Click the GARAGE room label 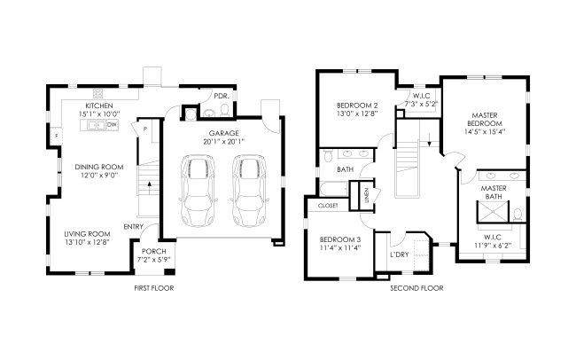point(223,133)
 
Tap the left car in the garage point(198,191)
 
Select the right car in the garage point(249,191)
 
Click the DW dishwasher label point(112,125)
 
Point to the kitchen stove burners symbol point(97,94)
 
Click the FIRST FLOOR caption point(154,288)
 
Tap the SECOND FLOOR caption point(416,288)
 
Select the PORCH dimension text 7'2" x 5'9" point(154,260)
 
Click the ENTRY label point(133,227)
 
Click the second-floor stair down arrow point(430,139)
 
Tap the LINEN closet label point(367,196)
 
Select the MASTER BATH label point(494,192)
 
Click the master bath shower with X point(493,212)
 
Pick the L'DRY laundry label point(400,254)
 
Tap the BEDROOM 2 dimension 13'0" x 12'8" point(357,114)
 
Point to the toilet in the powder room point(225,110)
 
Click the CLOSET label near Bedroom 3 point(328,206)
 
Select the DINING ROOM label point(99,167)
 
